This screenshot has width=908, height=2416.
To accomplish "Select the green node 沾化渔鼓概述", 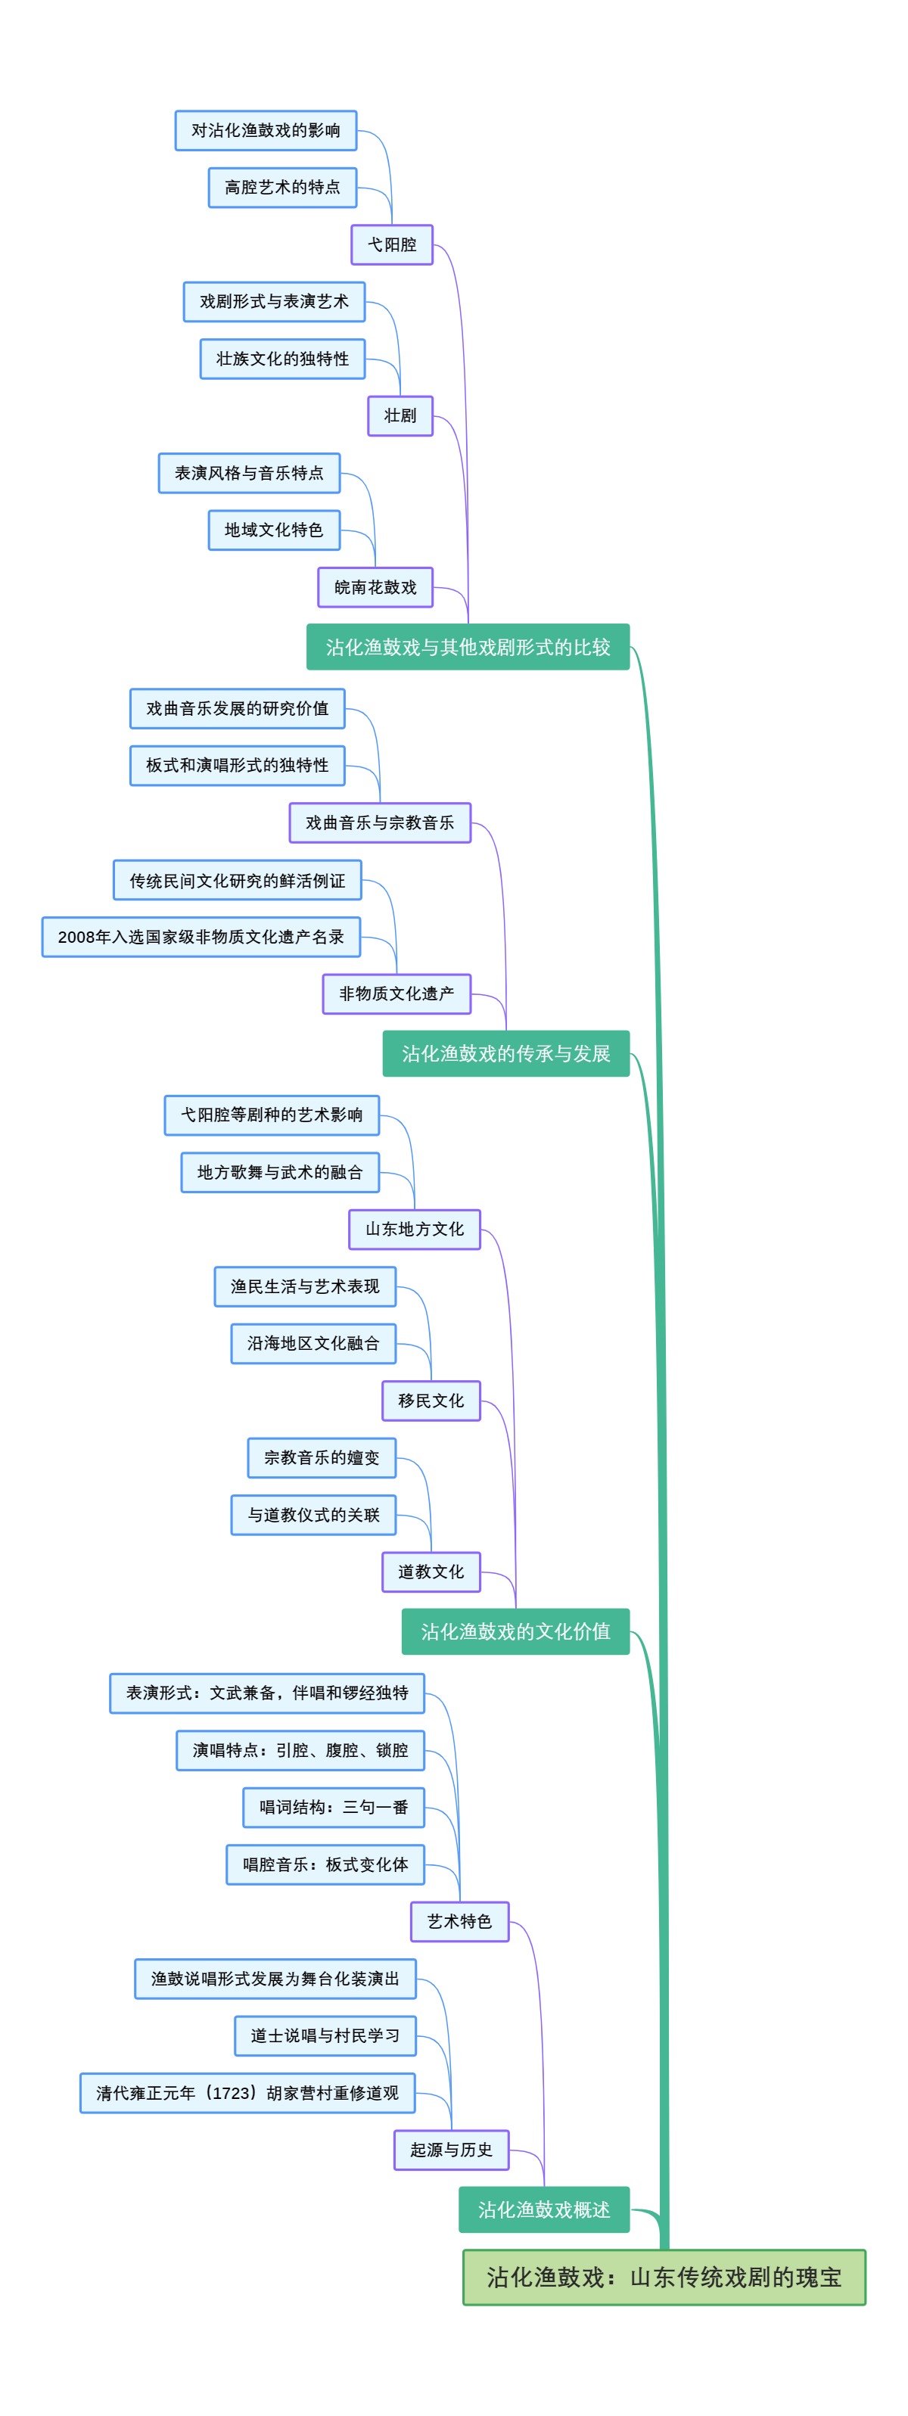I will tap(543, 2209).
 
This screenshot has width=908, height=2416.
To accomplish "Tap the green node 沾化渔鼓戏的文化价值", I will tap(515, 1631).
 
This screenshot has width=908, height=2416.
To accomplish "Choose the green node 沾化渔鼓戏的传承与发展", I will tap(505, 1053).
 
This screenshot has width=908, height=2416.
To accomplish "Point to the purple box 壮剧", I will tap(400, 415).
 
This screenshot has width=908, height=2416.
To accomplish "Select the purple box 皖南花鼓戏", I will tap(375, 587).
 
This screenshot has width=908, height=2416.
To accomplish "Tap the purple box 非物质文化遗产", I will tap(396, 993).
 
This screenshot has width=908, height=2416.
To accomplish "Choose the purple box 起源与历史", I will tap(450, 2150).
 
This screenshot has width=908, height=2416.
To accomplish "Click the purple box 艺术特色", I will tap(459, 1921).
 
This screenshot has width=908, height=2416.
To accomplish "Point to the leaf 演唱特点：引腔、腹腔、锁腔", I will tap(300, 1750).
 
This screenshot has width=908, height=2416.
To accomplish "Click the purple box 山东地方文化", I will tap(414, 1229).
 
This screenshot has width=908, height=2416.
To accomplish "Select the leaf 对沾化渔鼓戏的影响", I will tap(266, 130).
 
